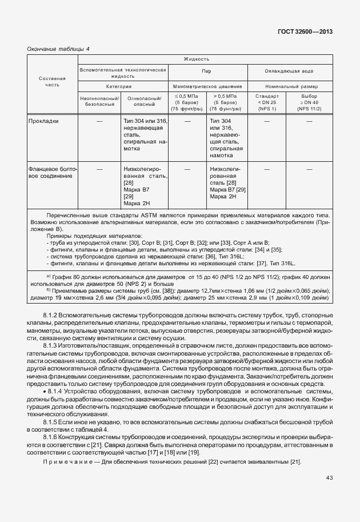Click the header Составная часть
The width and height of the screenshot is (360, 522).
(52, 81)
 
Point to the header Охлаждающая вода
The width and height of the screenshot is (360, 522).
(290, 71)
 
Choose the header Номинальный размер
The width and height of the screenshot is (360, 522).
(290, 86)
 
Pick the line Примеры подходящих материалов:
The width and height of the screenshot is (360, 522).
(86, 236)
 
